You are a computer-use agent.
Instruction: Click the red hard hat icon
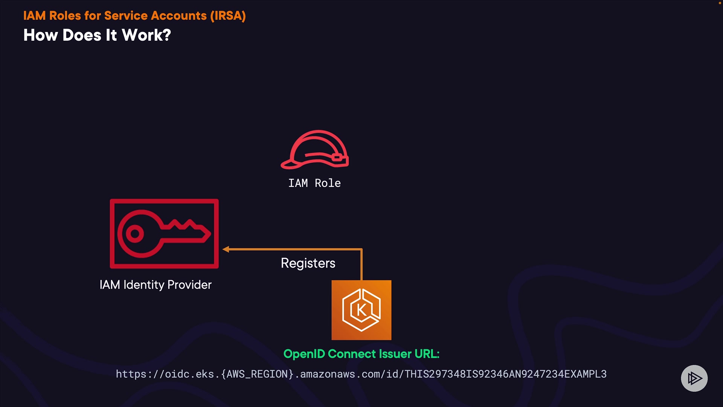click(315, 150)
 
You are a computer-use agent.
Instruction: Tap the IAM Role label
click(314, 183)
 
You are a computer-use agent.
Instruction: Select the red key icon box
click(164, 234)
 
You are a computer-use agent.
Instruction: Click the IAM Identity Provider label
click(156, 285)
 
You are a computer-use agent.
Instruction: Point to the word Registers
click(308, 263)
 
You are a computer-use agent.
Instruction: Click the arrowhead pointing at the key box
click(226, 249)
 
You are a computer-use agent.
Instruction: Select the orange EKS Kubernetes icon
click(361, 310)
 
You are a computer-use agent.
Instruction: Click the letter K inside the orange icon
click(361, 310)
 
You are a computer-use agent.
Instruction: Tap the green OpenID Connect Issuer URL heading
click(361, 354)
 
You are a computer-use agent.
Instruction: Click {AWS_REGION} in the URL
click(257, 374)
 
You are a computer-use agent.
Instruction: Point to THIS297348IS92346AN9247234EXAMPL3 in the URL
click(505, 374)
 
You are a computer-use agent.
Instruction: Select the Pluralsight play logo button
click(694, 378)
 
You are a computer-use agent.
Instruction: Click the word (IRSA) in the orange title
click(228, 16)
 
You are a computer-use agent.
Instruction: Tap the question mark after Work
click(166, 35)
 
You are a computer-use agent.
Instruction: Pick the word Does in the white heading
click(82, 35)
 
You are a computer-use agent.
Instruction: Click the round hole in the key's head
click(134, 234)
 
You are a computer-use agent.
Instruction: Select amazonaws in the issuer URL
click(328, 374)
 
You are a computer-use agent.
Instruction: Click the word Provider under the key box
click(189, 285)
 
